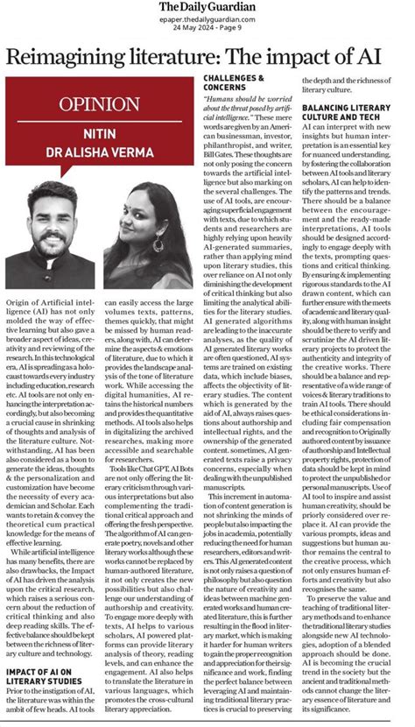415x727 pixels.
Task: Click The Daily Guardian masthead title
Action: point(207,8)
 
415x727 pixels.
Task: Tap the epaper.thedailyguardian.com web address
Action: point(207,19)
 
